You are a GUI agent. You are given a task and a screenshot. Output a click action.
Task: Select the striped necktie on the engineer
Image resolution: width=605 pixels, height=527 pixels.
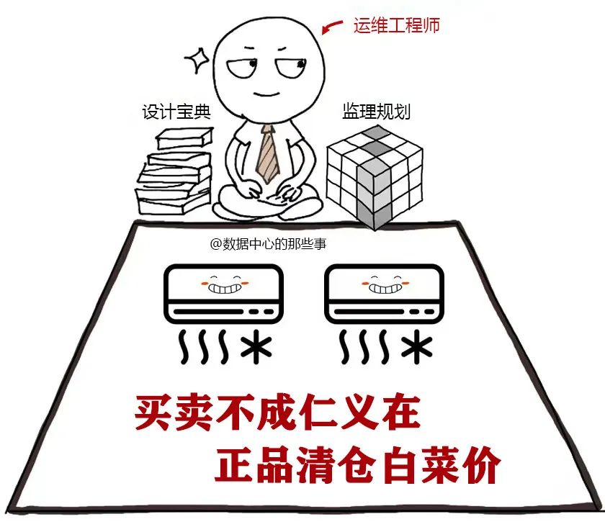tap(268, 153)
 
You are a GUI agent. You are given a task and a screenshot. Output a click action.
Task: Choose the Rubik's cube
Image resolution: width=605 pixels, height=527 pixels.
tap(373, 174)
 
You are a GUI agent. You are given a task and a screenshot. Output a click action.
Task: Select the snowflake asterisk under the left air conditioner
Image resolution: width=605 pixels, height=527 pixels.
tap(256, 348)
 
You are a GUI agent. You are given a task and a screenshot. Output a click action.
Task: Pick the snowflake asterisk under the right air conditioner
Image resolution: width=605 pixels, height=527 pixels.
tap(418, 348)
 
